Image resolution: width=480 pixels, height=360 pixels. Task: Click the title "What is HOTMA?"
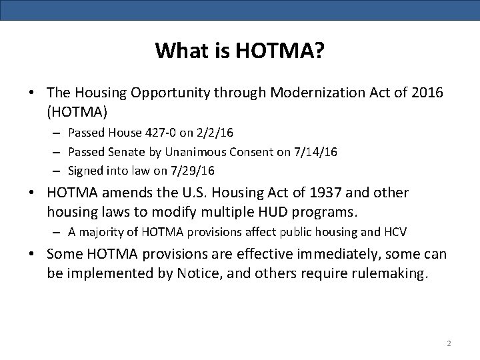240,51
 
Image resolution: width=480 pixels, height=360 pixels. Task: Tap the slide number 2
449,343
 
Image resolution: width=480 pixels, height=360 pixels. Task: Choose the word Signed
83,170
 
